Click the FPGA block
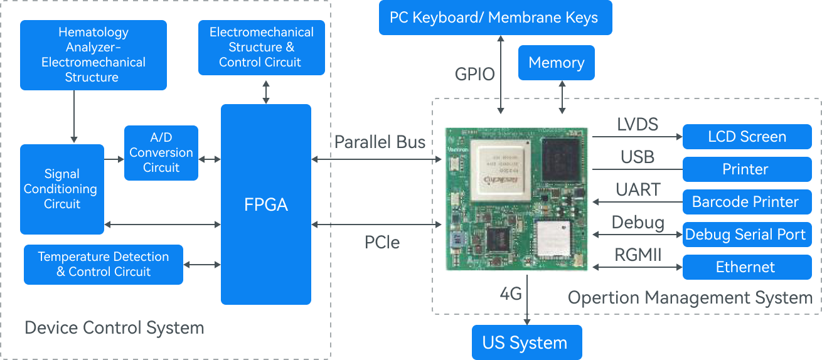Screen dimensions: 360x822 [266, 204]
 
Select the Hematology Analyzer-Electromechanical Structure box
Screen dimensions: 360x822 [93, 55]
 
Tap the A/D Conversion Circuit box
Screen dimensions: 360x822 [161, 153]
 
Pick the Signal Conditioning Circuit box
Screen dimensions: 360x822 [62, 189]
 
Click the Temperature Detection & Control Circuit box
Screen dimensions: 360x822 [104, 264]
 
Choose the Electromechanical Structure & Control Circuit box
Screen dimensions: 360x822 [262, 48]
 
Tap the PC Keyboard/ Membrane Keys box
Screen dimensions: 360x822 [494, 18]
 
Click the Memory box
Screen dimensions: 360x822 [556, 63]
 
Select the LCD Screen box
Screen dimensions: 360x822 [747, 137]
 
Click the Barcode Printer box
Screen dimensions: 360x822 [745, 202]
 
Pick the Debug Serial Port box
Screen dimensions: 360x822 [745, 235]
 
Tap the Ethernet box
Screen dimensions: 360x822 [745, 267]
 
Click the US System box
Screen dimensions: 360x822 [525, 343]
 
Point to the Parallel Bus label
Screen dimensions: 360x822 [380, 142]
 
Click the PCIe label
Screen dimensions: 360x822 [382, 241]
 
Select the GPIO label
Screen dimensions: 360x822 [474, 75]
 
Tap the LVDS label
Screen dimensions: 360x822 [638, 124]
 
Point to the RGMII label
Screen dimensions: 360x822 [637, 255]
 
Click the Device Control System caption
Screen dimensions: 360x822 [114, 327]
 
